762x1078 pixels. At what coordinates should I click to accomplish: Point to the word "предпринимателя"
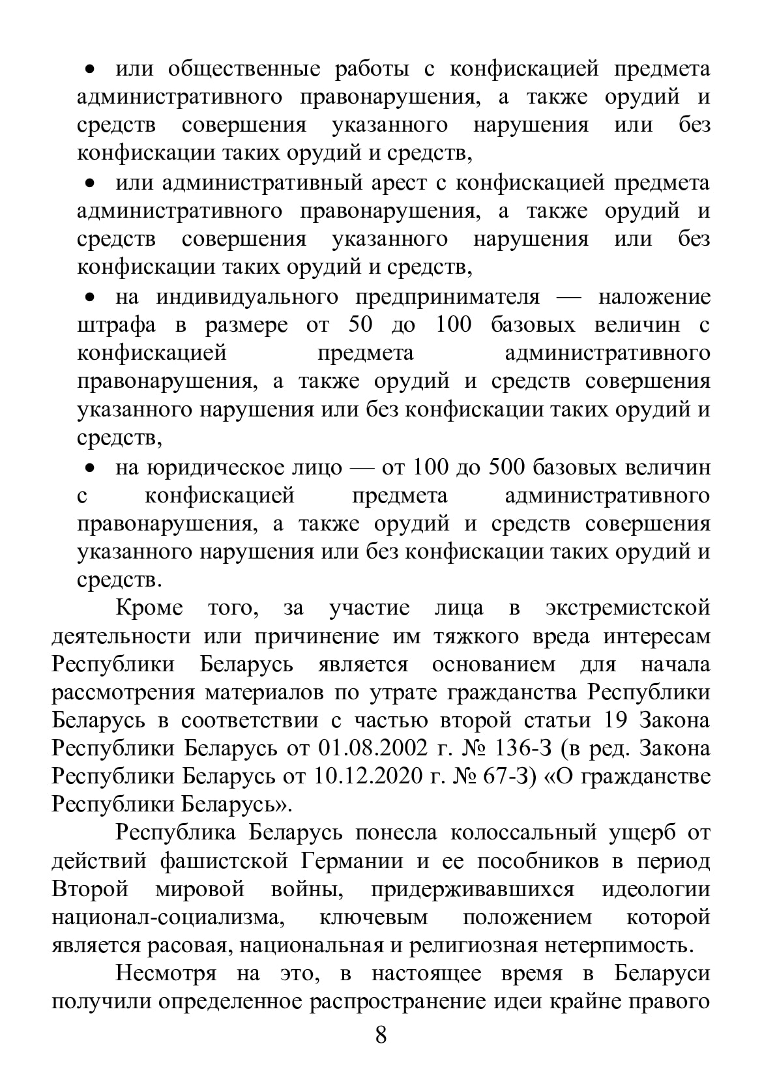click(448, 297)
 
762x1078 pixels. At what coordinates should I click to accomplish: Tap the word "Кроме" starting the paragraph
click(149, 608)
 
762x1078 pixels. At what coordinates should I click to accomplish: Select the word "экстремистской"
click(626, 608)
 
